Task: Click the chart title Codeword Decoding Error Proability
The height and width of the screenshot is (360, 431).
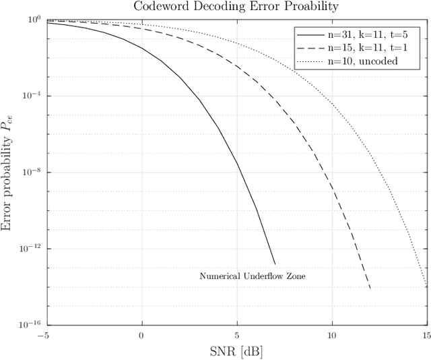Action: pyautogui.click(x=235, y=7)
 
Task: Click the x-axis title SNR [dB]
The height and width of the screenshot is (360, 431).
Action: pyautogui.click(x=235, y=351)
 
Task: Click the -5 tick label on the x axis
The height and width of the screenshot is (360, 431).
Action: pyautogui.click(x=44, y=335)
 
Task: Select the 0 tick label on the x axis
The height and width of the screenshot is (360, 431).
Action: pyautogui.click(x=141, y=335)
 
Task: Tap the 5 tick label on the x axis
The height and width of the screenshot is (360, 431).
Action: pyautogui.click(x=236, y=335)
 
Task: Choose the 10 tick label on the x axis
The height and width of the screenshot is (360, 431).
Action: pyautogui.click(x=331, y=335)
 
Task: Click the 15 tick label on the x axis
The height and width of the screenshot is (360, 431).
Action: pyautogui.click(x=426, y=335)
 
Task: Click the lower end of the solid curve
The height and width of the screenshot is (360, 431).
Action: pyautogui.click(x=275, y=264)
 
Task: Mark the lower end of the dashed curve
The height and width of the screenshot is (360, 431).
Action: pyautogui.click(x=370, y=289)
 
